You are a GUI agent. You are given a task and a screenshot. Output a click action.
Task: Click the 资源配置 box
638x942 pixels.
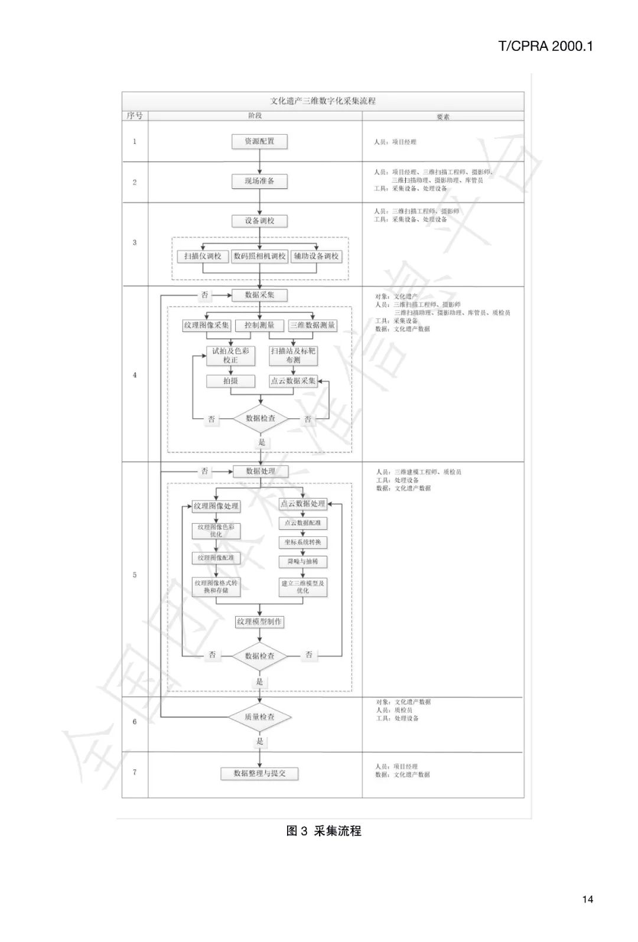(x=259, y=142)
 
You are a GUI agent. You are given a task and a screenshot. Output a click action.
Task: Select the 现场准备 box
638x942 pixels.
(x=259, y=181)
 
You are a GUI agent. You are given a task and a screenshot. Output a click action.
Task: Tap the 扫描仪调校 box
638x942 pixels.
(x=203, y=256)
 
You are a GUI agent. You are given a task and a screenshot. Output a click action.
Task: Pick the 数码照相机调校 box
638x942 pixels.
(x=259, y=256)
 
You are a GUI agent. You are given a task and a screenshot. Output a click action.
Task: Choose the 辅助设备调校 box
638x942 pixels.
(x=317, y=256)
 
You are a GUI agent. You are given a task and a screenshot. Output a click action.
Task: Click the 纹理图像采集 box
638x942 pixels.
(x=206, y=325)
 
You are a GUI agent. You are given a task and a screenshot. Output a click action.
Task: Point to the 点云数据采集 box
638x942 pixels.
(x=293, y=381)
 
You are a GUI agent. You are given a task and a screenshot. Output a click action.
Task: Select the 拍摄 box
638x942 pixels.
(x=230, y=381)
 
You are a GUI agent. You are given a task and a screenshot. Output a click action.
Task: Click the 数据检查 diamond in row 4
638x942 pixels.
(x=261, y=418)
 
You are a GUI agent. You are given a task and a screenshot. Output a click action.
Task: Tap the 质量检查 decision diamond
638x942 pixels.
(x=259, y=717)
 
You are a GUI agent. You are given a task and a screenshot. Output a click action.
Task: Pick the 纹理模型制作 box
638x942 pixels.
(x=259, y=622)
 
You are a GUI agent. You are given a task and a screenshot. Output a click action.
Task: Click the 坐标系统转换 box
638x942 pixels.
(x=302, y=542)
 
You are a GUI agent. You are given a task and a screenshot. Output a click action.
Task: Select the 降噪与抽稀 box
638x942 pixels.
(x=302, y=562)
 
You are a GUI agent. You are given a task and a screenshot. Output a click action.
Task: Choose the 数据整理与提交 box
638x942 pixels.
(x=259, y=773)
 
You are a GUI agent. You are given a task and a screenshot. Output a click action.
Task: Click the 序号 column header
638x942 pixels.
(x=135, y=116)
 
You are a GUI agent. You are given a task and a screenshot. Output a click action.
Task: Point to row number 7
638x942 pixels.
(x=135, y=772)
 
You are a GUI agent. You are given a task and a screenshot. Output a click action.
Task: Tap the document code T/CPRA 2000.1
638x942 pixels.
(x=545, y=46)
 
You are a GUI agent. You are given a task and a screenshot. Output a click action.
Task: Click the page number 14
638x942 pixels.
(x=587, y=899)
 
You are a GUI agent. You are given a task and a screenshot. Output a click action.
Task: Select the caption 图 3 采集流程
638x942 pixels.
(x=324, y=831)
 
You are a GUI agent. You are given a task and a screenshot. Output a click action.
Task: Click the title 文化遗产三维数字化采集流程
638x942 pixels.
(x=323, y=101)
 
